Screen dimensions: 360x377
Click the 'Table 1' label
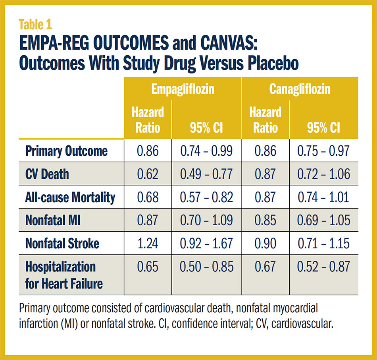35,25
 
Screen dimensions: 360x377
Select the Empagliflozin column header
183,89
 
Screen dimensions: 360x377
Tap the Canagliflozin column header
300,89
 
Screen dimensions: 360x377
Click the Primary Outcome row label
66,151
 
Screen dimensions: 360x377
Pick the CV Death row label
47,174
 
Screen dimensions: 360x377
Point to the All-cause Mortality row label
70,197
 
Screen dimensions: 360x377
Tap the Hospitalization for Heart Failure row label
64,275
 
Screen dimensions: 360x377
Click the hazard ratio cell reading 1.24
148,243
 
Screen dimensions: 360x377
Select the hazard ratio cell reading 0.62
148,174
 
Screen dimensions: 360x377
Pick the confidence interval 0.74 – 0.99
206,151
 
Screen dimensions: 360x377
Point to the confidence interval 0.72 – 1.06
324,174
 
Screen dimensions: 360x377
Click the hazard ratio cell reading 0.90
265,243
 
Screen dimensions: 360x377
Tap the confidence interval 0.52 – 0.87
324,266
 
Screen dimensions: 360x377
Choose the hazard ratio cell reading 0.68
148,197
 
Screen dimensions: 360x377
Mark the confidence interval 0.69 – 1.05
324,220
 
